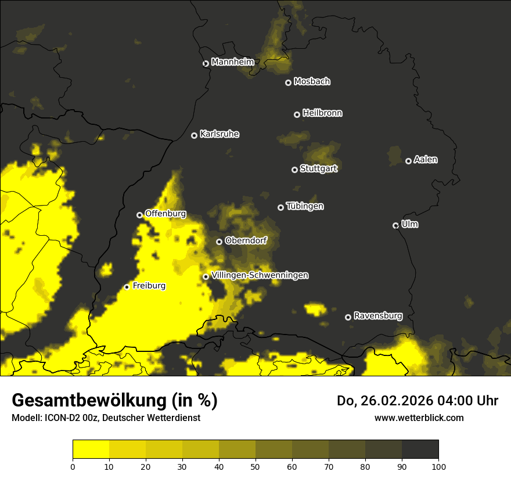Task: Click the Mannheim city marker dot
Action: (206, 64)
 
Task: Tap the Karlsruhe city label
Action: (219, 134)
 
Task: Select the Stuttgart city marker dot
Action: (294, 170)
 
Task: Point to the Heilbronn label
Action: (322, 113)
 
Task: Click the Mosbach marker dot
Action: (288, 82)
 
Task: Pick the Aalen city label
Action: (426, 160)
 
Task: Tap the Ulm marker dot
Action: (395, 225)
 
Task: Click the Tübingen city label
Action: (305, 206)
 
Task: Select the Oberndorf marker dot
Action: (219, 242)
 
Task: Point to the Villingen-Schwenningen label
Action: (260, 275)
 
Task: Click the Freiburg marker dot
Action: (127, 287)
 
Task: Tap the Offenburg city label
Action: (165, 214)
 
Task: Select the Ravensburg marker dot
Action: (348, 317)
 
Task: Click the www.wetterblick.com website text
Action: (419, 418)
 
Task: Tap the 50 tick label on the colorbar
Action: (255, 466)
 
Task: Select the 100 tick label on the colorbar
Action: (438, 466)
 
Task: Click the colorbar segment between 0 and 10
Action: (91, 449)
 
